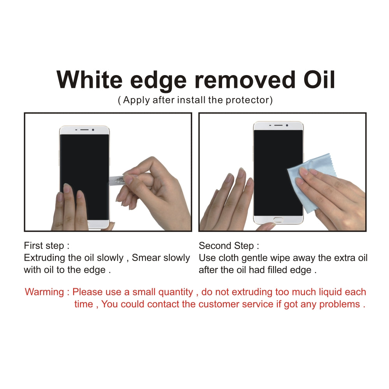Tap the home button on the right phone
279,220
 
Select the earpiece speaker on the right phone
278,125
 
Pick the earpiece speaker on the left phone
84,130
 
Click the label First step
47,246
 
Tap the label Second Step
229,246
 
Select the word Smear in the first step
147,258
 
